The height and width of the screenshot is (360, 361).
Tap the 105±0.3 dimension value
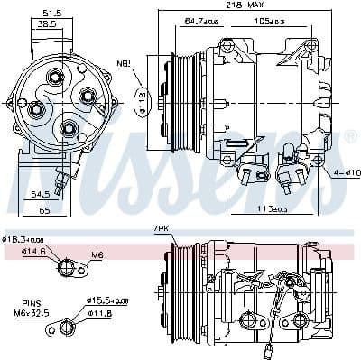click(270, 20)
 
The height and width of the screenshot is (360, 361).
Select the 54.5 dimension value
click(38, 193)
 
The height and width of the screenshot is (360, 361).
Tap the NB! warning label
click(124, 63)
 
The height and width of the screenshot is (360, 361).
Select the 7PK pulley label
click(160, 228)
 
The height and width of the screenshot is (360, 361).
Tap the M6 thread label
click(97, 255)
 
